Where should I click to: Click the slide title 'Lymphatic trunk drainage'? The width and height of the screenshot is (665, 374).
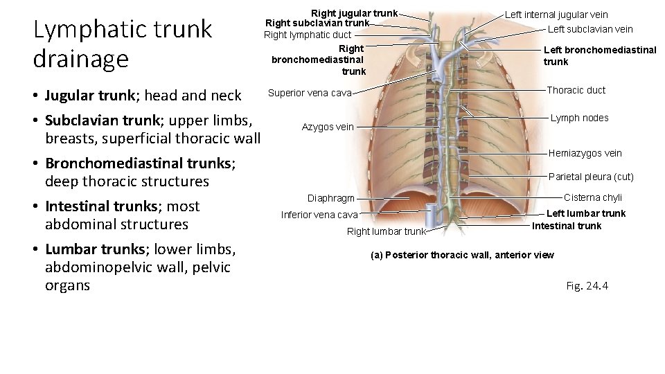click(x=123, y=44)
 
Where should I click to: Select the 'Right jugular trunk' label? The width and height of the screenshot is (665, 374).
click(x=354, y=13)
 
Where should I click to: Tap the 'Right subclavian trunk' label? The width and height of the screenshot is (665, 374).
click(x=317, y=23)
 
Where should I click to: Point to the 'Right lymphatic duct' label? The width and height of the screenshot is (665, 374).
click(x=308, y=35)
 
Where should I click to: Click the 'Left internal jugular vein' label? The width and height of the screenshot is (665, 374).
click(x=556, y=15)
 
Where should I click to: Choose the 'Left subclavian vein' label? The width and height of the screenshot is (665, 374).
click(x=590, y=29)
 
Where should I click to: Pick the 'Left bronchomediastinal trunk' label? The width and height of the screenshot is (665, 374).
click(x=600, y=55)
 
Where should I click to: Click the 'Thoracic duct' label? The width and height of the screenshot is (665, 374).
click(x=576, y=90)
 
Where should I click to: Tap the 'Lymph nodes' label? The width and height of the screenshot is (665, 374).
click(x=579, y=118)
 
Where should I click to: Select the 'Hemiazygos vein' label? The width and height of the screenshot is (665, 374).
click(x=585, y=153)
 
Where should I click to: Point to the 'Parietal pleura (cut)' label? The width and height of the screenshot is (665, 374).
click(x=591, y=177)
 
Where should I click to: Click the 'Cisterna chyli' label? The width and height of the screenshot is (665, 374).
click(x=593, y=197)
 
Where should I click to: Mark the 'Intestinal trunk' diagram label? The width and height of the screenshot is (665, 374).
click(x=567, y=226)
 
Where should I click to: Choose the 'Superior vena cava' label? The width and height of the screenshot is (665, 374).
click(x=310, y=93)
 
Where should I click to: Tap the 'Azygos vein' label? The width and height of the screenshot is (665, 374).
click(x=328, y=127)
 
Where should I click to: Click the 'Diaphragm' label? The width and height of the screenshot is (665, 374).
click(x=331, y=198)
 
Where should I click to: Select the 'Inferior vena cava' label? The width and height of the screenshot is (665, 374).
click(x=319, y=215)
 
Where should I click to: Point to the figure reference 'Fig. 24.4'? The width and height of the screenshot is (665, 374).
click(x=587, y=285)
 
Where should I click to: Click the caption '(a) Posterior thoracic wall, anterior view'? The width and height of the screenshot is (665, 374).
click(x=462, y=255)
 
